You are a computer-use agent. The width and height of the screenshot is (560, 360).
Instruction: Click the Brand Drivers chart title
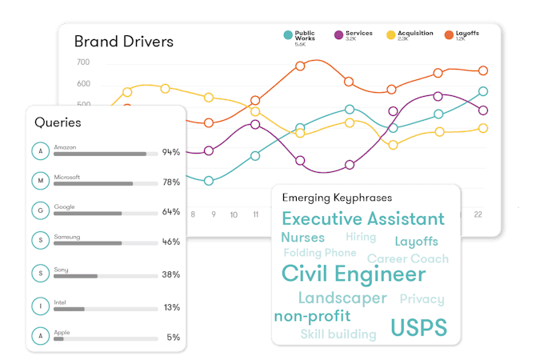point(123,41)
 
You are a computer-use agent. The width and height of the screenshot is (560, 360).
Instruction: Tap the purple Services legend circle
point(338,35)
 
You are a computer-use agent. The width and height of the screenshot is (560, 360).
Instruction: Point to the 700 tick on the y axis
point(83,62)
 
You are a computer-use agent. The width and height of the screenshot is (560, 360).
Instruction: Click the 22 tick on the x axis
point(478,214)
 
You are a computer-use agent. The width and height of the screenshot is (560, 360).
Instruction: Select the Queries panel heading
point(58,123)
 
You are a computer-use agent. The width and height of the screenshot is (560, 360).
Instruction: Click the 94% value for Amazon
point(170,152)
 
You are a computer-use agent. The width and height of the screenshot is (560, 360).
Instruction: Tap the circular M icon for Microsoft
point(39,182)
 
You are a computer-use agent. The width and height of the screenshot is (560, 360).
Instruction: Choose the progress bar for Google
point(105,214)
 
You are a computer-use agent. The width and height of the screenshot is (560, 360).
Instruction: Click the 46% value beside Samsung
point(170,242)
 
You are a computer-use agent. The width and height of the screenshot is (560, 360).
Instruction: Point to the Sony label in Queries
point(62,270)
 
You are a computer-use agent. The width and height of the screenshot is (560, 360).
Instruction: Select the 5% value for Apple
point(173,338)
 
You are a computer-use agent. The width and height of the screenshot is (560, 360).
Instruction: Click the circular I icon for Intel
point(39,305)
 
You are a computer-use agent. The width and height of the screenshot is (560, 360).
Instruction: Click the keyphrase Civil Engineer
point(353,274)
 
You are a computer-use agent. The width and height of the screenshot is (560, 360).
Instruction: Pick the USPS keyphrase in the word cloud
point(418,327)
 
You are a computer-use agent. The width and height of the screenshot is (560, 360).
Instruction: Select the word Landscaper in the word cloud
point(342,298)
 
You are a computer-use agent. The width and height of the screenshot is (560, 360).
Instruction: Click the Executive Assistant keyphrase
point(362,218)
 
